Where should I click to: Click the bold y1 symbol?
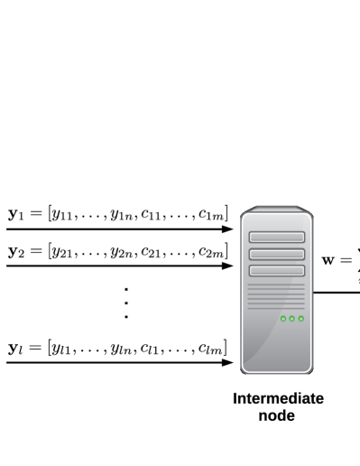pos(14,214)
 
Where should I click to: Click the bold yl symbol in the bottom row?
pos(14,348)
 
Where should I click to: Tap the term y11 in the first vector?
pos(64,215)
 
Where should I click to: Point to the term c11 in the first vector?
pos(151,215)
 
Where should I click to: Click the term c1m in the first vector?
pos(211,215)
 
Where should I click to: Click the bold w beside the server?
pos(331,259)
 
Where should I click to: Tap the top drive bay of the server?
pos(277,238)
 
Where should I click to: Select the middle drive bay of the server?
pos(277,254)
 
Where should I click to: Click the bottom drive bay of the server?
pos(277,270)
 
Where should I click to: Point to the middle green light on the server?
pos(291,319)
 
